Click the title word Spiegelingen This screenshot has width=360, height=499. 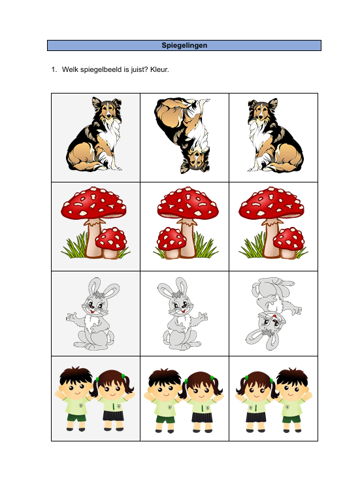pos(184,45)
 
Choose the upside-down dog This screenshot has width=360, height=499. pos(184,135)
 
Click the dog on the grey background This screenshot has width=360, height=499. pos(95,135)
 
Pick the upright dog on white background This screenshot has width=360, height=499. pos(274,135)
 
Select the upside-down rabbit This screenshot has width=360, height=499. pos(273,313)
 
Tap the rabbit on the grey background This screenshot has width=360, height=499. pos(95,315)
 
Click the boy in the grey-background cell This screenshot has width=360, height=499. pos(76,399)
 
